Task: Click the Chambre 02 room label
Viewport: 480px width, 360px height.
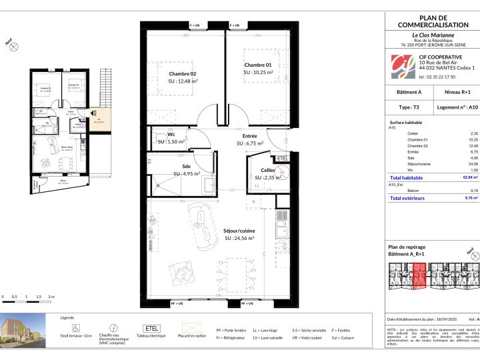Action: click(x=182, y=73)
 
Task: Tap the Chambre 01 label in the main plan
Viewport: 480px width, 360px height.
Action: click(x=257, y=64)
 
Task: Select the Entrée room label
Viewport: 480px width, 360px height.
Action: click(x=250, y=135)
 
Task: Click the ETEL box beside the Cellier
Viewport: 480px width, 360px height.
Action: click(x=282, y=159)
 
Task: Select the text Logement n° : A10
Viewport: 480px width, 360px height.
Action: click(x=457, y=106)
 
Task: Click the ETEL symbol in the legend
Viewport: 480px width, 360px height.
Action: click(x=150, y=329)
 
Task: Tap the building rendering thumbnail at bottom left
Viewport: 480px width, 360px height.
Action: click(x=23, y=331)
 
